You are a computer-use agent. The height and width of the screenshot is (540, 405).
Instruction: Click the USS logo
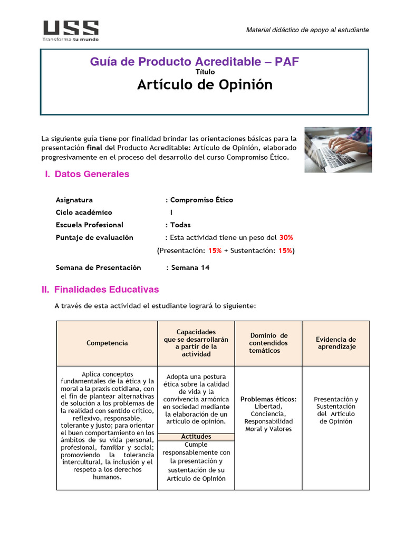coord(70,31)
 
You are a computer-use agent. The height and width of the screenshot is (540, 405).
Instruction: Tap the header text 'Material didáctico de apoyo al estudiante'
coord(307,30)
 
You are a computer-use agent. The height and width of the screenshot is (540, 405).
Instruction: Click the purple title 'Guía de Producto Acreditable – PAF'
coord(195,62)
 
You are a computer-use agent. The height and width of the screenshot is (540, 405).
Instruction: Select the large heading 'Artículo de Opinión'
coord(205,84)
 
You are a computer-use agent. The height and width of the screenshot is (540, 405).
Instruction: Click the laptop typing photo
coord(337,149)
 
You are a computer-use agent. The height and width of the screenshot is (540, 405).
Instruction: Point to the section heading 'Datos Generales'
coord(92,174)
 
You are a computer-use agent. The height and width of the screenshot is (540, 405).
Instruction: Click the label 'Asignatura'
coord(74,200)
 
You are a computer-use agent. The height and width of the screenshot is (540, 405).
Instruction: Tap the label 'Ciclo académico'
coord(84,212)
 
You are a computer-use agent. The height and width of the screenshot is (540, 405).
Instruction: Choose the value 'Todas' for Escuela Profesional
coord(180,225)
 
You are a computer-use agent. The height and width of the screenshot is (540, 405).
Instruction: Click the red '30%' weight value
coord(286,237)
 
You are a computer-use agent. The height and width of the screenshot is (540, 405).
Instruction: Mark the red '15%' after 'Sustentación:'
coord(285,250)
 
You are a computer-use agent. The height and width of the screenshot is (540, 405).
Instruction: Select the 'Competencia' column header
coord(107,343)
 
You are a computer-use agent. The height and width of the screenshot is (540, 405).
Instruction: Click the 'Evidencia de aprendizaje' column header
coord(336,343)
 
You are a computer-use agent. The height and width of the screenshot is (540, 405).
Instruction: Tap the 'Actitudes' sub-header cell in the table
coord(196,437)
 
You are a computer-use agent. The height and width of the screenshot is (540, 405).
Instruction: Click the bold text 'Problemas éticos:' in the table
coord(268,399)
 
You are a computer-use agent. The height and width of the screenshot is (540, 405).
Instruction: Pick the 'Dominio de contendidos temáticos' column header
coord(268,343)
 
